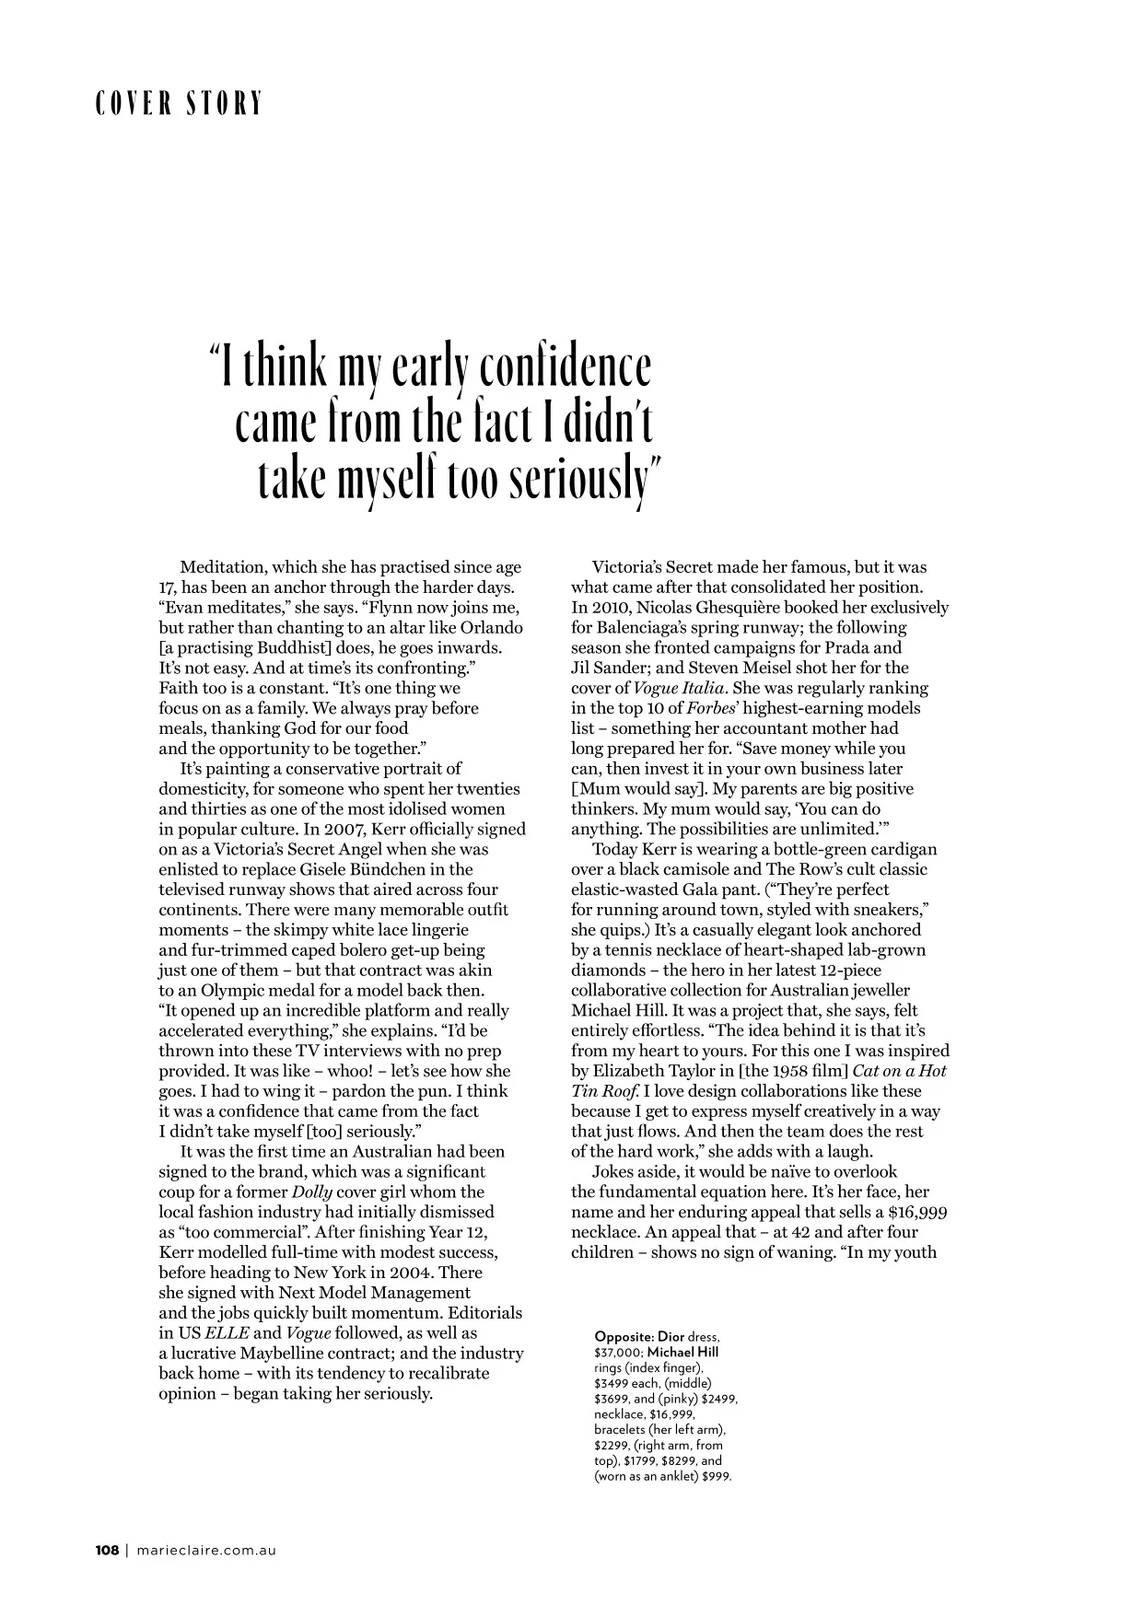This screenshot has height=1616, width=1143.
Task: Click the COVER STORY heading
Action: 179,103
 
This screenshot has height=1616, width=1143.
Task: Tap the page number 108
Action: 107,1551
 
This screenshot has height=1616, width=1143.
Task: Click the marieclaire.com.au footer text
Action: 206,1551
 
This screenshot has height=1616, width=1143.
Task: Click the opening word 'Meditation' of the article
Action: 222,567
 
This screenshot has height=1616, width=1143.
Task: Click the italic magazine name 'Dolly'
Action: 311,1192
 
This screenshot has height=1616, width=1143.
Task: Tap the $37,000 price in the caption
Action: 620,1352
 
